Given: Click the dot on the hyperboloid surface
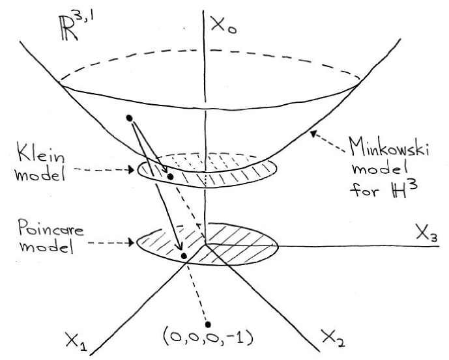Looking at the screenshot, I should [x=130, y=118].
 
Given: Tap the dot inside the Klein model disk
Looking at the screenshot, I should [x=170, y=176].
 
